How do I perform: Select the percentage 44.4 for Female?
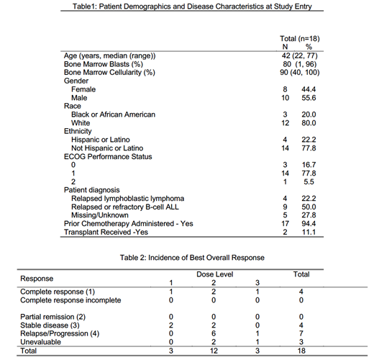coord(311,89)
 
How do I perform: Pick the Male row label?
coord(80,97)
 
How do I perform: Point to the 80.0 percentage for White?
coord(311,122)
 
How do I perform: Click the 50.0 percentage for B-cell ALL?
coord(311,206)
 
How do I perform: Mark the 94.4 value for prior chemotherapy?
coord(311,222)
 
